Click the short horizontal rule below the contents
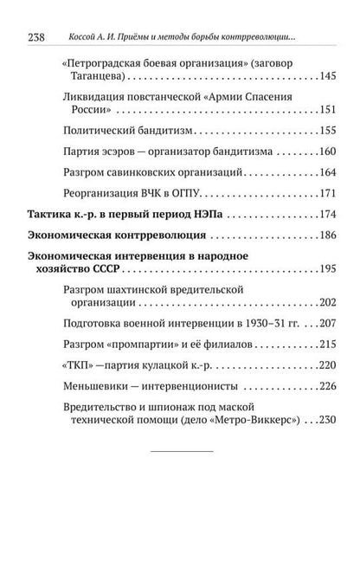pos(180,452)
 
